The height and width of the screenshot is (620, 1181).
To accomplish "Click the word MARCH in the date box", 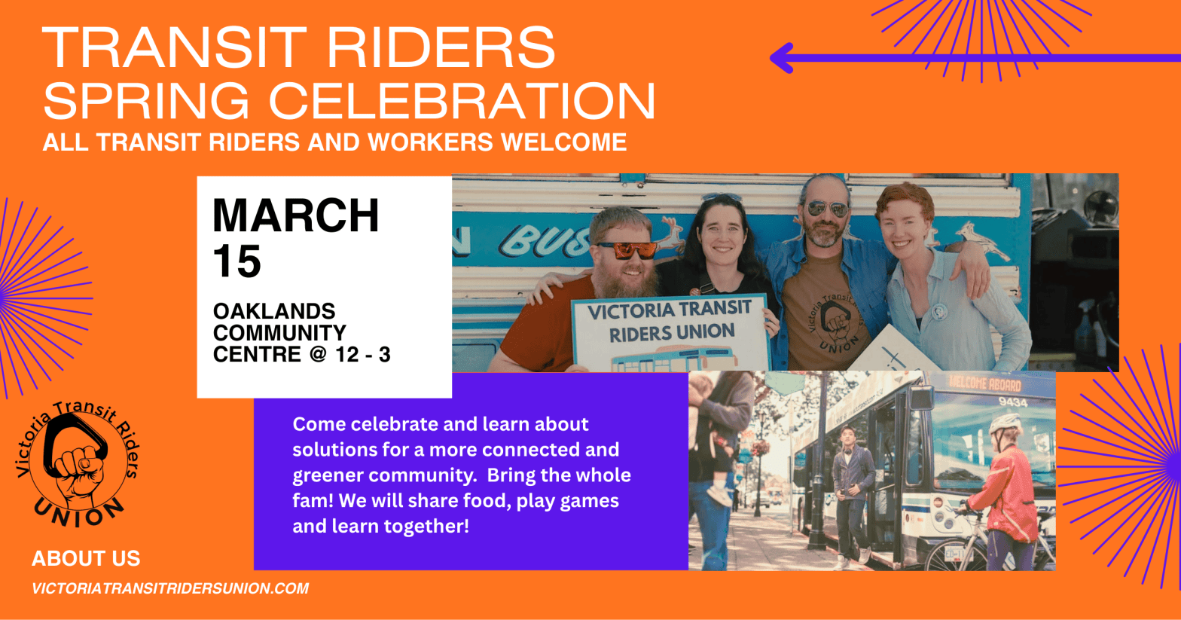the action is (x=295, y=215).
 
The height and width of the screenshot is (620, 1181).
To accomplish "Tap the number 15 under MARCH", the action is (x=237, y=261).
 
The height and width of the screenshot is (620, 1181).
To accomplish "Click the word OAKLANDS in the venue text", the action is (x=274, y=311).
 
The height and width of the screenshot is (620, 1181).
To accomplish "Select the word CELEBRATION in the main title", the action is (x=462, y=100).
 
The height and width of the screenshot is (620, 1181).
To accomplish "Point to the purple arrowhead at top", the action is (x=781, y=58).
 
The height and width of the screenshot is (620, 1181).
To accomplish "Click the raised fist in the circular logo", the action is (x=79, y=471).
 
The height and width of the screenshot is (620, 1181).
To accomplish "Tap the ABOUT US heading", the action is (x=86, y=558).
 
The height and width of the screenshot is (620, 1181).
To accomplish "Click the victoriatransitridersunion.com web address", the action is (x=170, y=588).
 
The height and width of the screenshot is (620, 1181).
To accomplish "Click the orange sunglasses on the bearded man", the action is (x=627, y=250).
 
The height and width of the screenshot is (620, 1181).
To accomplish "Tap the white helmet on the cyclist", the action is (x=1006, y=423).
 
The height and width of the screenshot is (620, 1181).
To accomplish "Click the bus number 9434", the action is (x=1013, y=403).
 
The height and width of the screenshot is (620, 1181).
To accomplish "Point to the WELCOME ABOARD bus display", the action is (x=985, y=383).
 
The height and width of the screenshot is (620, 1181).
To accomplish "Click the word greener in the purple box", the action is (x=327, y=476).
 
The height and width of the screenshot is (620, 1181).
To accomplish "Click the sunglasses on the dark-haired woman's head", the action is (x=722, y=197).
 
